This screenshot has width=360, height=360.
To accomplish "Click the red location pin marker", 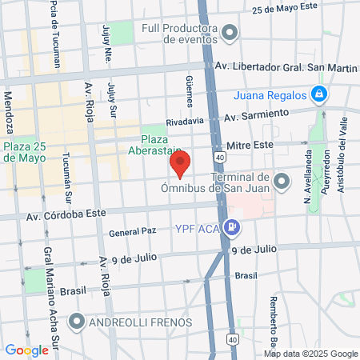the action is coord(180,164).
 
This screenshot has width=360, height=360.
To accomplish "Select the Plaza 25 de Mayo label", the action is coord(27,152).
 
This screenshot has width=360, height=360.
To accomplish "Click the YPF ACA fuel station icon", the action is coord(231,228).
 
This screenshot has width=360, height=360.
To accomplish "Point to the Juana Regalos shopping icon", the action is coord(319,94).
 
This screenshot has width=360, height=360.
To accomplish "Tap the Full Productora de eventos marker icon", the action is coord(230,34).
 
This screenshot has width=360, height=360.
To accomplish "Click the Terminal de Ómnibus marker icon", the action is coord(280,182).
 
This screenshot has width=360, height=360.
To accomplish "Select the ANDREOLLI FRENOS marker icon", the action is coord(77,322).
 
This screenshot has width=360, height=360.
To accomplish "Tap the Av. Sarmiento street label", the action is coord(256,116).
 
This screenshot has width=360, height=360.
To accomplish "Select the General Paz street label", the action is coord(132,233).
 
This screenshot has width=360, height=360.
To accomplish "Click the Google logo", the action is coord(26,350).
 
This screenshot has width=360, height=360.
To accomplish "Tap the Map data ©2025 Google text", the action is coord(311,354).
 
